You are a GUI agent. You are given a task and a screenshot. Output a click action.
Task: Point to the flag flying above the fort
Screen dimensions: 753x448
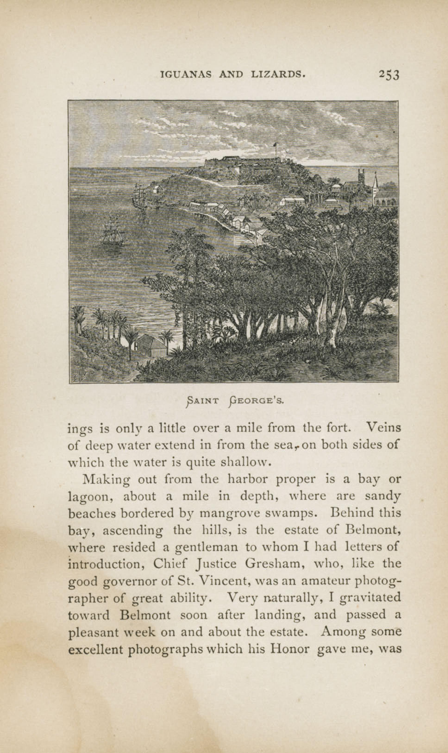275,145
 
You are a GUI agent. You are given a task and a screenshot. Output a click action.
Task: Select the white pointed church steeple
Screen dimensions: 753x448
375,184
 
